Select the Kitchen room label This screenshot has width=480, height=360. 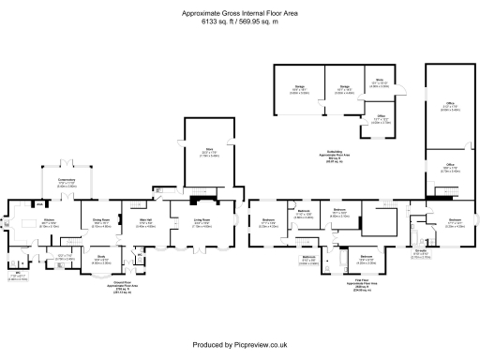tap(48, 220)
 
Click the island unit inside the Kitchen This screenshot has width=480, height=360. tap(46, 233)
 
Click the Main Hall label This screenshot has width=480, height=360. tap(146, 220)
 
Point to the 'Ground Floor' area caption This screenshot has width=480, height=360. tap(122, 283)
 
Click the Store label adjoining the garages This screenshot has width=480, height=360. tap(380, 82)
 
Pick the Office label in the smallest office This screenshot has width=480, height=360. tap(381, 117)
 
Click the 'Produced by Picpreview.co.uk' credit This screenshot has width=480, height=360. tap(239, 346)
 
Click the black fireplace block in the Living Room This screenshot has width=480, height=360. tap(194, 201)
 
